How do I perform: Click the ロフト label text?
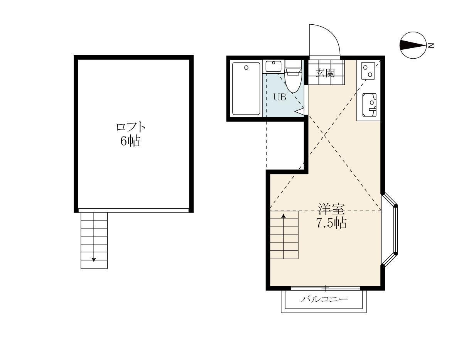pos(130,127)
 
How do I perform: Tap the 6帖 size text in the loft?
pos(130,141)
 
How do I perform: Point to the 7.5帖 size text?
pos(331,223)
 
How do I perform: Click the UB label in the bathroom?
pos(280,97)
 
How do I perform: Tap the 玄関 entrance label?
pos(325,73)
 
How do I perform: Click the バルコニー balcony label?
pos(325,299)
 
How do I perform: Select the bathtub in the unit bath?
pos(246,88)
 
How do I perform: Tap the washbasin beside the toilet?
pos(273,66)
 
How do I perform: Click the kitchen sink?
pos(370,105)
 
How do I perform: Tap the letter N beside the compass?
pos(431,46)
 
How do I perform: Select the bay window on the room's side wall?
pos(390,230)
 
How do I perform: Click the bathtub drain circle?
pos(246,68)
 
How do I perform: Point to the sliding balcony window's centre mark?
pos(326,289)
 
